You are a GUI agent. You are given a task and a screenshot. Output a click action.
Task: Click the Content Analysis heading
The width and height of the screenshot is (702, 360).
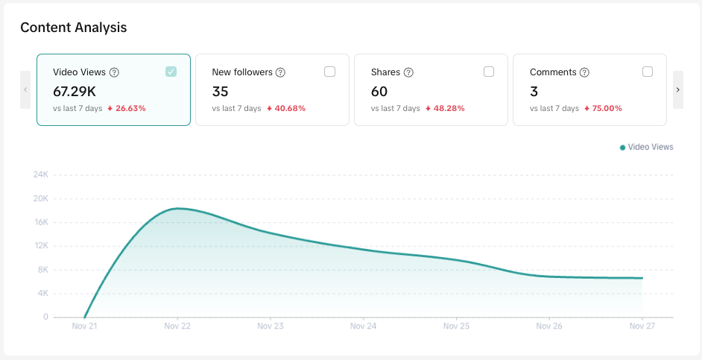coord(74,28)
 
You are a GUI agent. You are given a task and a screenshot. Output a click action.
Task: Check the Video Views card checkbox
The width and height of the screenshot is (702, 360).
coord(171,72)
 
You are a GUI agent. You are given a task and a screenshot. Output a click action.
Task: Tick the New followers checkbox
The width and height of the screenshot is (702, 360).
coord(329,72)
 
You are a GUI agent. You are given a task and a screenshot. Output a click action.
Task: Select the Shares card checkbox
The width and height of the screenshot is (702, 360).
coord(489,72)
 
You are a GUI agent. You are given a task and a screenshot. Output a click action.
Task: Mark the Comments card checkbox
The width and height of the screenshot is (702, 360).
coord(648,72)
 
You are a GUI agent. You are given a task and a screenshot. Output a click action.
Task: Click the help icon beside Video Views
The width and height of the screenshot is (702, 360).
coord(114,72)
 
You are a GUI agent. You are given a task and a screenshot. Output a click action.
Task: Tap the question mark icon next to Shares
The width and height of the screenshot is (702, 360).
coord(408,72)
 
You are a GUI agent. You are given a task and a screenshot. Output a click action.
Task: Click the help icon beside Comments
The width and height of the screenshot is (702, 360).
coord(584,72)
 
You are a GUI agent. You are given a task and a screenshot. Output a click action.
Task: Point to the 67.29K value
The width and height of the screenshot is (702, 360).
coord(74,91)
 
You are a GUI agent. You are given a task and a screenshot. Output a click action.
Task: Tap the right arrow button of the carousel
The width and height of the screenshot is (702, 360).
coord(677,89)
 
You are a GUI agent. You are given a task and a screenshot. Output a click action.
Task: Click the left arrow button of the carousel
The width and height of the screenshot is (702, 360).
coord(25,89)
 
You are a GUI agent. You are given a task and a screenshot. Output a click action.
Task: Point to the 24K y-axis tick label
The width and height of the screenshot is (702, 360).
coord(40,174)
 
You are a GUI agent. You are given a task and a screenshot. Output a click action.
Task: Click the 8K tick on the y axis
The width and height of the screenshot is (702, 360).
coord(42,269)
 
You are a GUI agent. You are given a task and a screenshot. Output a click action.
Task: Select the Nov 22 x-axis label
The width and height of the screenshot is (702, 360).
coord(177,326)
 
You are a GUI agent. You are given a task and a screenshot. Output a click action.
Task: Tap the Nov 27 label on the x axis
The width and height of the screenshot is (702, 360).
coord(642,326)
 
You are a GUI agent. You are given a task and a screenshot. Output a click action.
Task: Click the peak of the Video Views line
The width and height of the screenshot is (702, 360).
coord(177,209)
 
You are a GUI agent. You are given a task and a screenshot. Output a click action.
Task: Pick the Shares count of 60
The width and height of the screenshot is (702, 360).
coord(379,91)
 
